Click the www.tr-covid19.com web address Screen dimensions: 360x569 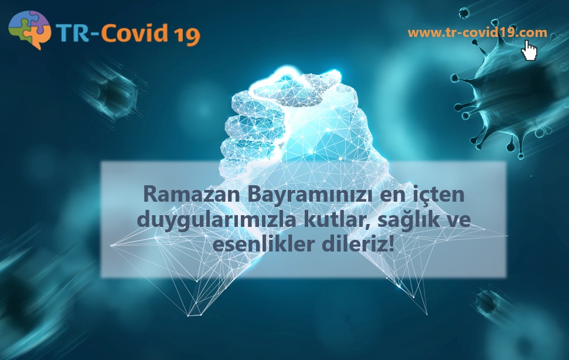pos(477,33)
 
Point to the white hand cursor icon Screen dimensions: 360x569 pos(529,50)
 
